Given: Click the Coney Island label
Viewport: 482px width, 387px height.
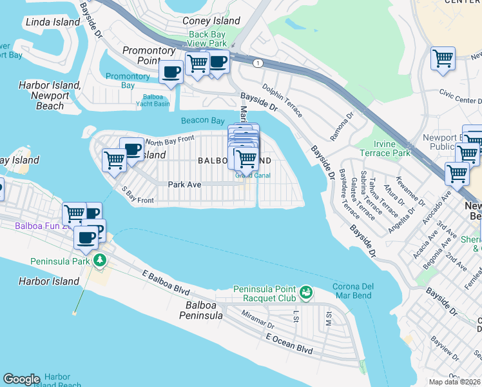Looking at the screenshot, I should pyautogui.click(x=211, y=21).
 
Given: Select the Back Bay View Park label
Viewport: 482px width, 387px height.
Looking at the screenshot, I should pyautogui.click(x=207, y=39).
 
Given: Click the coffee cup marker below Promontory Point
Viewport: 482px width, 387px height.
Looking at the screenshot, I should pyautogui.click(x=171, y=73).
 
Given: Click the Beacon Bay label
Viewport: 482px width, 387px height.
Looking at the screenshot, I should pyautogui.click(x=202, y=121).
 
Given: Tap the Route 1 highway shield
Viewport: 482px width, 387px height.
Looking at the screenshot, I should pyautogui.click(x=258, y=63).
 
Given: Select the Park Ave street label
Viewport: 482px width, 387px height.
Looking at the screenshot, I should pyautogui.click(x=185, y=184).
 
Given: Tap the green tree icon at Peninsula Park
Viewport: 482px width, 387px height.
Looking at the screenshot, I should pyautogui.click(x=99, y=260).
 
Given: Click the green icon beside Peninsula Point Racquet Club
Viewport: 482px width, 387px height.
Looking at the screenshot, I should pyautogui.click(x=306, y=293).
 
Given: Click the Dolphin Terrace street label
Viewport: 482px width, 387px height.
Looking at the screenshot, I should pyautogui.click(x=282, y=100).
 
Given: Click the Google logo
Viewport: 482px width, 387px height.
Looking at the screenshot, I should pyautogui.click(x=21, y=379).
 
